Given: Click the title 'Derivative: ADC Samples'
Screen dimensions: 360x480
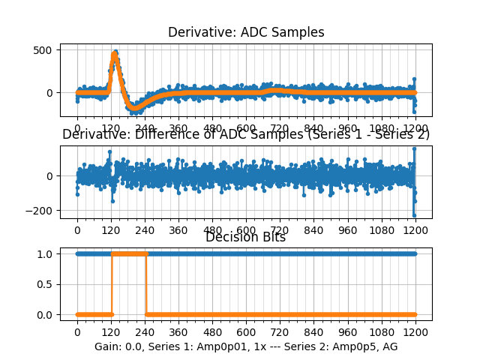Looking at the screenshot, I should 246,32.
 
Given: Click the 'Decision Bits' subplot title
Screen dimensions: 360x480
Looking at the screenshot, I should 246,238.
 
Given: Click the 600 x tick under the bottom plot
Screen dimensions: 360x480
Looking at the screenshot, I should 246,332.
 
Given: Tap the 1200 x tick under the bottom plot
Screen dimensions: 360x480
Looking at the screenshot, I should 415,332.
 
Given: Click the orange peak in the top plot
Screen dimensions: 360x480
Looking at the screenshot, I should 115,54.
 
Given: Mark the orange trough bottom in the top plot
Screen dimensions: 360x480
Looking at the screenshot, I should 135,108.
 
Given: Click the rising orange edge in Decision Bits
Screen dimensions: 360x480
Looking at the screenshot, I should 112,284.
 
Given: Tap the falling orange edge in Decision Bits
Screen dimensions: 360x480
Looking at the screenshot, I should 146,284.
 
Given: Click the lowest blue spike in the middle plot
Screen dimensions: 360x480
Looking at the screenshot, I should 414,215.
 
